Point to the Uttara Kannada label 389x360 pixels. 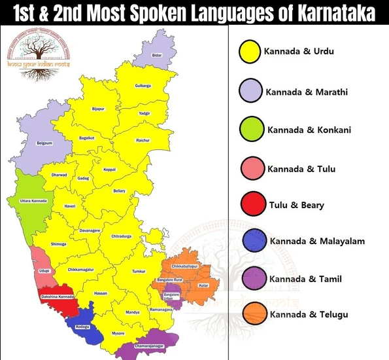(x=33, y=200)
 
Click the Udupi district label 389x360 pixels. (x=44, y=270)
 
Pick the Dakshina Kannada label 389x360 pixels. (x=56, y=298)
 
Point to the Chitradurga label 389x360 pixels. (x=121, y=236)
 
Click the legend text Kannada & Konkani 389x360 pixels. (x=309, y=130)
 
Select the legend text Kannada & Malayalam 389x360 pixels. (x=317, y=242)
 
